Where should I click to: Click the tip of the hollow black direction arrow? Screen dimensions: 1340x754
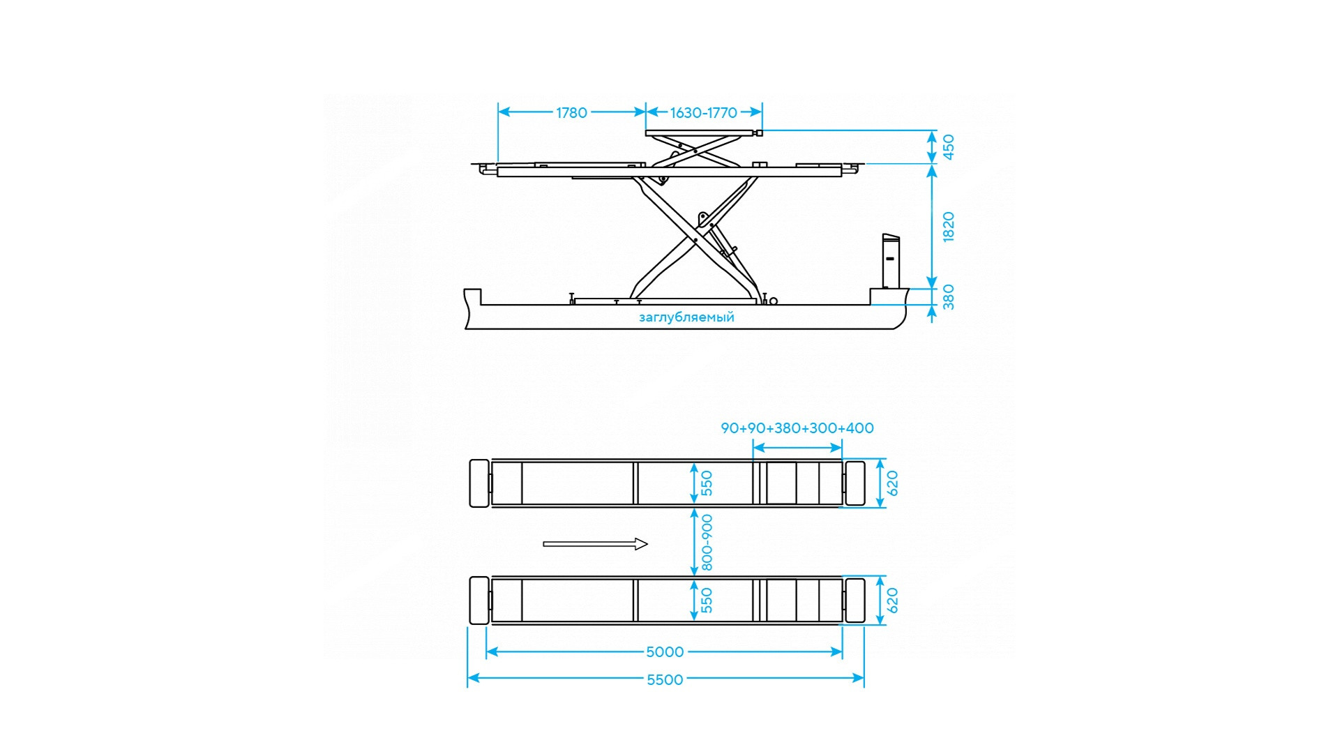click(x=648, y=544)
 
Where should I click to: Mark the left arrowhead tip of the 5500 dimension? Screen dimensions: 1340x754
click(x=468, y=678)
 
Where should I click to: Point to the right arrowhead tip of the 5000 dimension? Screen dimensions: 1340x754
click(x=842, y=651)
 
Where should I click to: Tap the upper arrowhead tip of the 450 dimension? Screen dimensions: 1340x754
click(x=932, y=131)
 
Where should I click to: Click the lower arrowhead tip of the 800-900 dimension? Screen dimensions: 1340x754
click(x=693, y=576)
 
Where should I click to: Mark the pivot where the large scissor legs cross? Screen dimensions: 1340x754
click(x=695, y=240)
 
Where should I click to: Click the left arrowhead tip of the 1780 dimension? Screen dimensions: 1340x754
click(x=499, y=112)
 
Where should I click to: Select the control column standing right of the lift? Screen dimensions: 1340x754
click(x=890, y=262)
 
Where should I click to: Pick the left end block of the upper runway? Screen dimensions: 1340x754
click(x=479, y=483)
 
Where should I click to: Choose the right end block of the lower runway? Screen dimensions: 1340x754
click(x=855, y=601)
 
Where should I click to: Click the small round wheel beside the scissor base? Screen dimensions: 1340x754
click(x=773, y=301)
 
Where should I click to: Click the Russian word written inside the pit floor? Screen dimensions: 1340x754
click(x=686, y=317)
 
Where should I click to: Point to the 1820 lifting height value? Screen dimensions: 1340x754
click(x=948, y=227)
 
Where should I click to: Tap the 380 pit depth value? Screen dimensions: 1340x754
click(x=948, y=297)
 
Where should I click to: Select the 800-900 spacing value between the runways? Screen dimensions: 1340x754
click(x=707, y=542)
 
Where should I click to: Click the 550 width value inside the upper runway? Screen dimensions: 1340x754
click(x=707, y=483)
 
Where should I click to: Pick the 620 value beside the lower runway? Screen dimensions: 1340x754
click(x=892, y=600)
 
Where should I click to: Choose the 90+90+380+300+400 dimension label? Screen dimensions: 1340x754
click(x=797, y=428)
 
